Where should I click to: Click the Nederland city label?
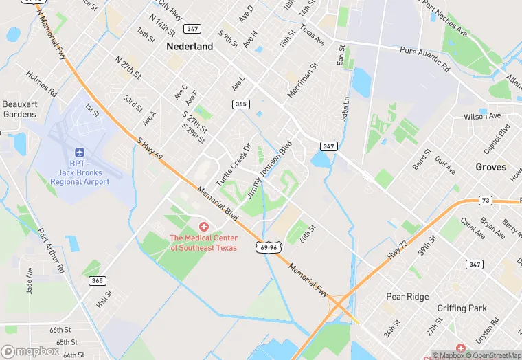190,47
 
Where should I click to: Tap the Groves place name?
490,167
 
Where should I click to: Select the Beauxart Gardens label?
19,109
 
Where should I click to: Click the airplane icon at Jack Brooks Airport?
79,152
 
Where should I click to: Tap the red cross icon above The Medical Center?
203,227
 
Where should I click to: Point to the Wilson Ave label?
482,117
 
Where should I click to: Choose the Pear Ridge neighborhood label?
407,297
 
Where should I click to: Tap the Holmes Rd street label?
42,82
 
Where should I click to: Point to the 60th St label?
306,232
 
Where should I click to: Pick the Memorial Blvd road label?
218,205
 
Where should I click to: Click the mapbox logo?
30,351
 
